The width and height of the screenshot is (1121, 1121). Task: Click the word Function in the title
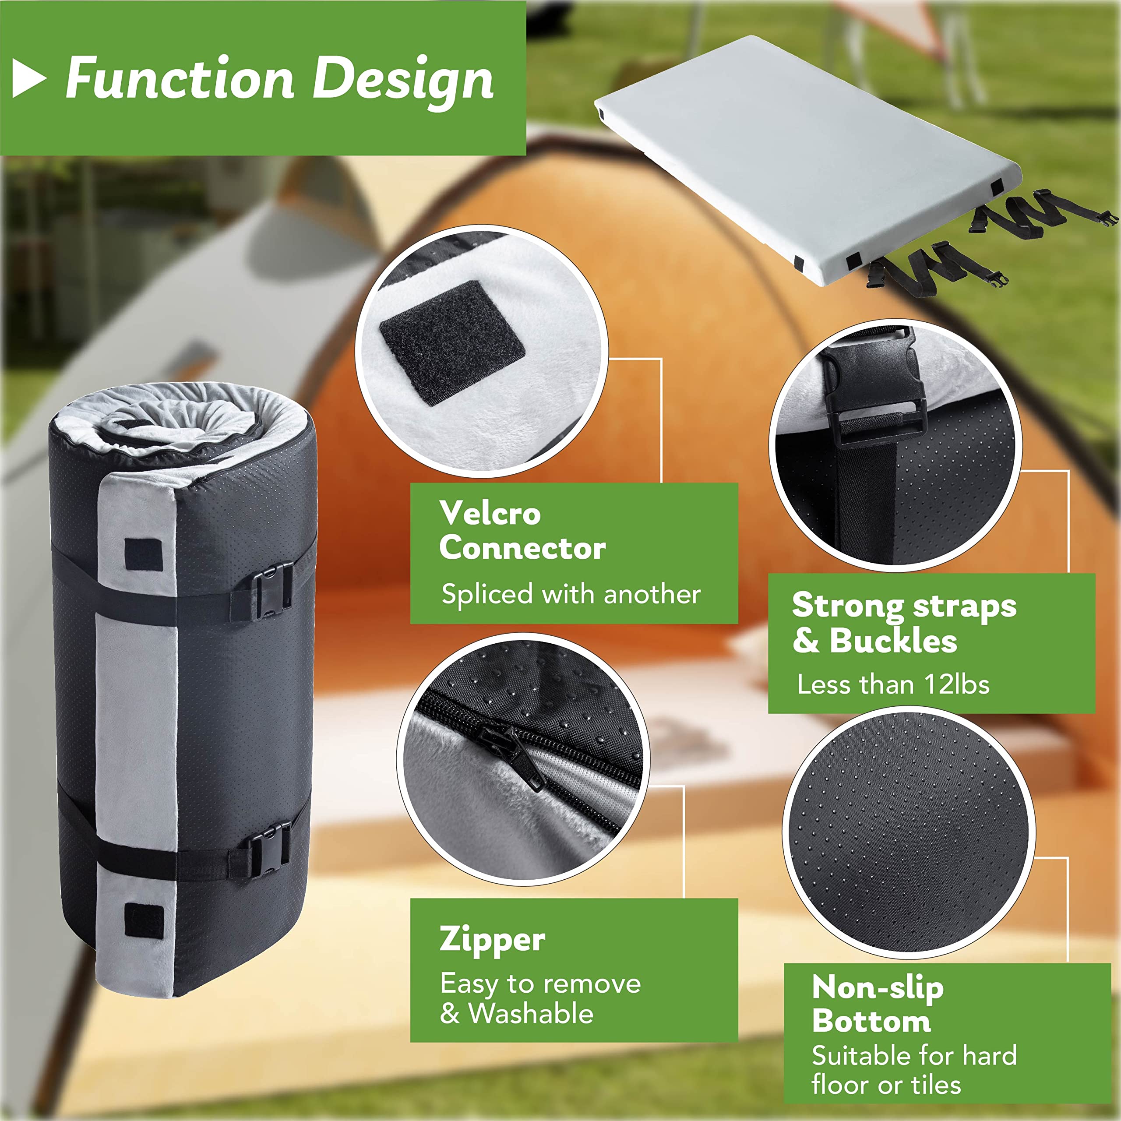tap(180, 78)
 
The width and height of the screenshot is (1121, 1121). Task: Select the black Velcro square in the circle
tap(452, 342)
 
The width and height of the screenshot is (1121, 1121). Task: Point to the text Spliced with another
tap(571, 594)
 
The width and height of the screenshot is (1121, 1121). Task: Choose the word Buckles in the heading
tap(893, 641)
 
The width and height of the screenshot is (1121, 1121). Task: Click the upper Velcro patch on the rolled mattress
tap(143, 555)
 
